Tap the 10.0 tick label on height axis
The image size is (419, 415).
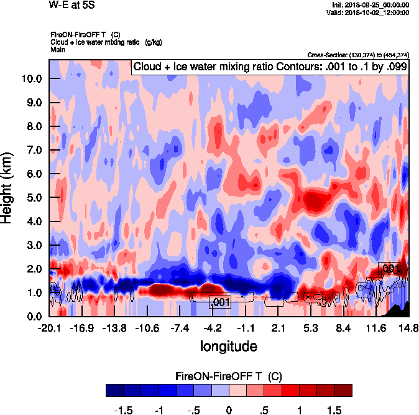(x=32, y=78)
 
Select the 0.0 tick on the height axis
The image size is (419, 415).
(x=34, y=316)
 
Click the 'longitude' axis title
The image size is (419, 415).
(x=228, y=345)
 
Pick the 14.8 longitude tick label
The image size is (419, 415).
(x=408, y=328)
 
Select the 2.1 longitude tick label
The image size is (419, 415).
(x=278, y=328)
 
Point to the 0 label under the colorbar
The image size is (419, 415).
(x=229, y=410)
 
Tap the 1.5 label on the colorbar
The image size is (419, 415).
(x=334, y=410)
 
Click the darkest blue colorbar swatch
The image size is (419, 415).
(x=114, y=390)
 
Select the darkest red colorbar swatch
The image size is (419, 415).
(x=343, y=390)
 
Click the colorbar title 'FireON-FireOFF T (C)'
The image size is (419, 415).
(x=229, y=376)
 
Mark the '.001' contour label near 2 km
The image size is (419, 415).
(x=390, y=269)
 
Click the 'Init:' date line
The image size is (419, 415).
(x=371, y=4)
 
